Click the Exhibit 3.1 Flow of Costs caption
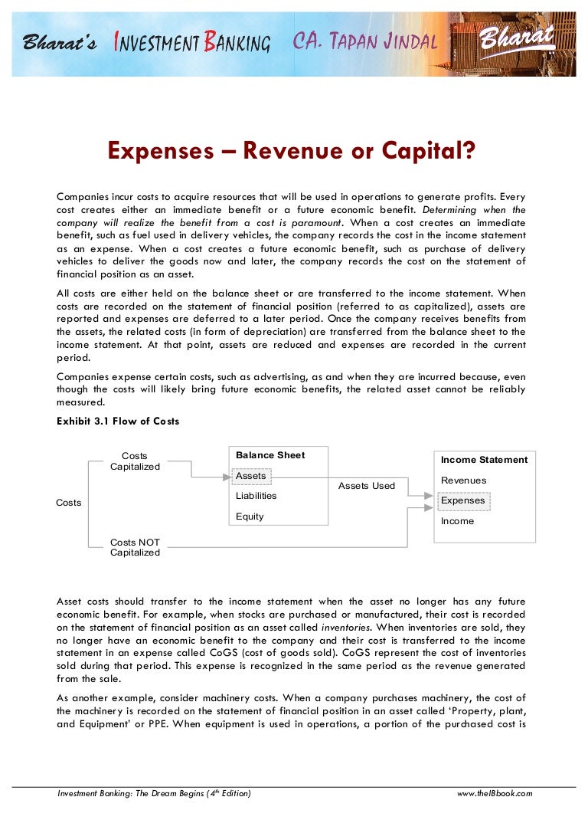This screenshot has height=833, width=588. click(x=118, y=421)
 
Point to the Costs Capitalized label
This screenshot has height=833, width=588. click(x=135, y=461)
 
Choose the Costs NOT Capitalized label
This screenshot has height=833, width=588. click(x=135, y=547)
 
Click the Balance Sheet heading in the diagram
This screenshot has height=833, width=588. click(x=270, y=455)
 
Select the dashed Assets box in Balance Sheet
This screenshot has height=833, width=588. click(x=251, y=476)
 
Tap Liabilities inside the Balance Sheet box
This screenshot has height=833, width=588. click(x=256, y=496)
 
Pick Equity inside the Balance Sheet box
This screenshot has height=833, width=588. click(x=250, y=517)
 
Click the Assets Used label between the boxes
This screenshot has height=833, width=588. click(x=367, y=486)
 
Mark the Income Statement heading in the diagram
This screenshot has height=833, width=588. click(x=484, y=460)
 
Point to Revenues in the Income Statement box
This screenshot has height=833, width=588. click(x=463, y=480)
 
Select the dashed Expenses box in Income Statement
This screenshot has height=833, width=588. click(x=462, y=500)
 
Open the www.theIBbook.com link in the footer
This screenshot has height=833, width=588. click(x=494, y=793)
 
